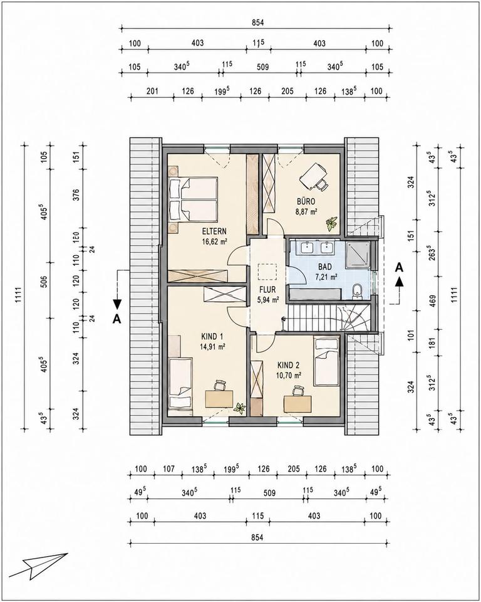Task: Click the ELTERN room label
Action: [x=214, y=231]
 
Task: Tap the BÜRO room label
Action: [x=306, y=201]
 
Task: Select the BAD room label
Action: [x=325, y=267]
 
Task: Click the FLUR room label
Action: [x=267, y=290]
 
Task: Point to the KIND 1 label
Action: [x=212, y=337]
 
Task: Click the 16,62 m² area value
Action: [x=214, y=241]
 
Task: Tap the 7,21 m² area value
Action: [x=326, y=277]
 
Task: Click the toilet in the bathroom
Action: [x=357, y=291]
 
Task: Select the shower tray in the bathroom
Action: [x=358, y=255]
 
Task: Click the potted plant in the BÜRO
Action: [x=331, y=223]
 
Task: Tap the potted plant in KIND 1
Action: [x=240, y=408]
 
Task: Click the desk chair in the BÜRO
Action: [x=322, y=184]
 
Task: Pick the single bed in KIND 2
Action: [x=326, y=361]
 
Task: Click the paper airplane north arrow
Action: [x=38, y=566]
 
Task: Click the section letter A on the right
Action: [x=400, y=267]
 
